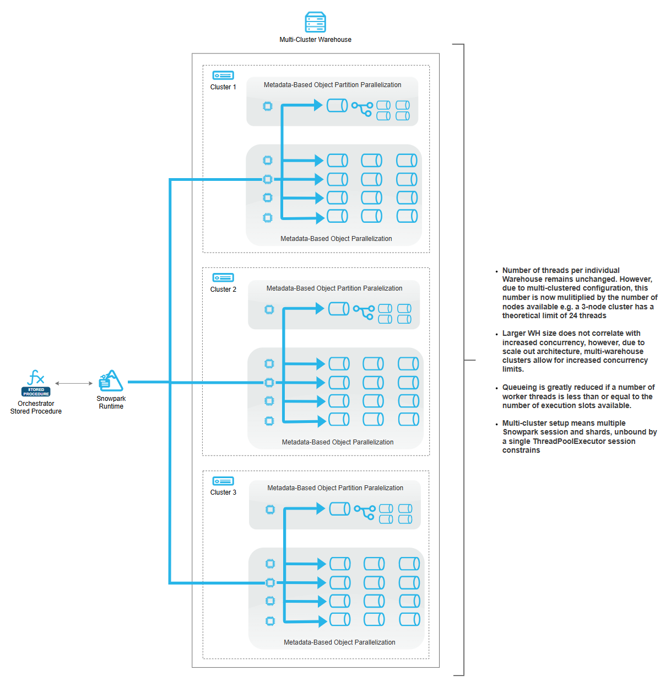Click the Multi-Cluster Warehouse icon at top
click(x=315, y=23)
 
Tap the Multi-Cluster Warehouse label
click(x=315, y=40)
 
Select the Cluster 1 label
click(x=223, y=87)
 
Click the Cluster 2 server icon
click(x=223, y=278)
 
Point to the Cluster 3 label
click(x=223, y=492)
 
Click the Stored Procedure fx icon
click(x=36, y=378)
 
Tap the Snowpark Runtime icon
click(x=111, y=381)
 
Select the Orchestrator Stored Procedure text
click(x=36, y=408)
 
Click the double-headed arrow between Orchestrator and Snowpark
click(x=74, y=383)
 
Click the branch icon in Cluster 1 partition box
click(x=362, y=109)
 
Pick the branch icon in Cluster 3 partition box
click(x=364, y=512)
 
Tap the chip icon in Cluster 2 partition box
click(x=269, y=310)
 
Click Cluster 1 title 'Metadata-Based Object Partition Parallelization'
click(x=332, y=85)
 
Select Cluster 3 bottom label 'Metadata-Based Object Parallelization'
click(x=339, y=642)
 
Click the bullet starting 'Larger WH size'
click(x=573, y=351)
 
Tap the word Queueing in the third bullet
click(x=518, y=388)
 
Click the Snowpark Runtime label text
click(x=111, y=403)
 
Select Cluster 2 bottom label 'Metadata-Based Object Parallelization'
click(x=338, y=442)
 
